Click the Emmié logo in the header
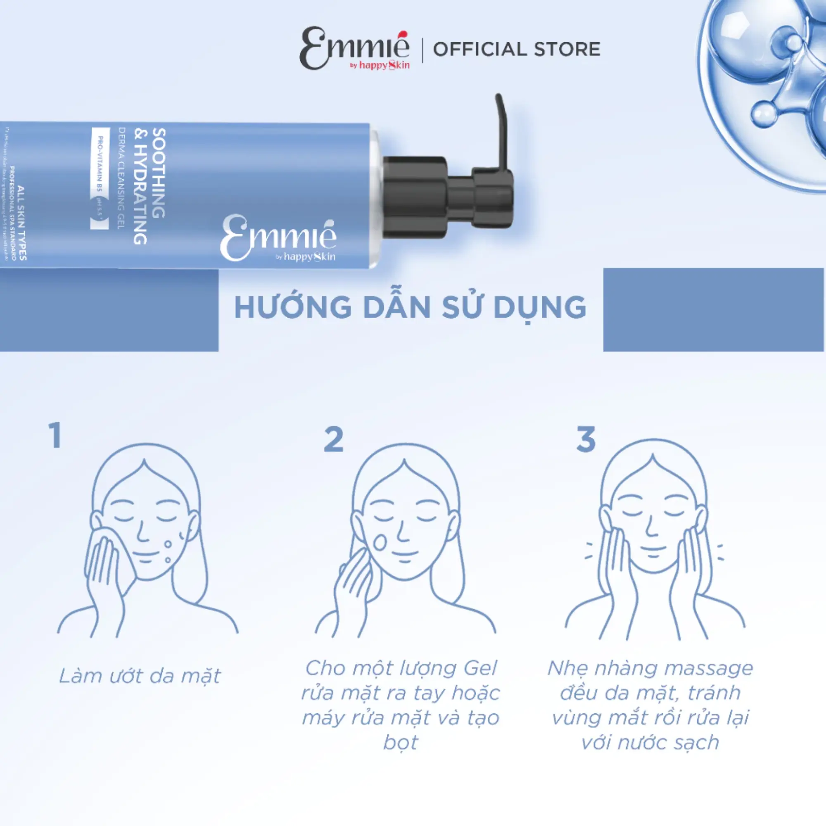click(354, 49)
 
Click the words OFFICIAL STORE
click(517, 49)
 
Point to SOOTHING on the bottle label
click(159, 173)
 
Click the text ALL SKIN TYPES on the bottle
click(21, 222)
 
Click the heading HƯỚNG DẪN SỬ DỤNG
click(411, 307)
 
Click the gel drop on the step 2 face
click(379, 542)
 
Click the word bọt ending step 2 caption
click(400, 742)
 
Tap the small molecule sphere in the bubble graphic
click(764, 114)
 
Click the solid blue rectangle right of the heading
click(713, 309)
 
